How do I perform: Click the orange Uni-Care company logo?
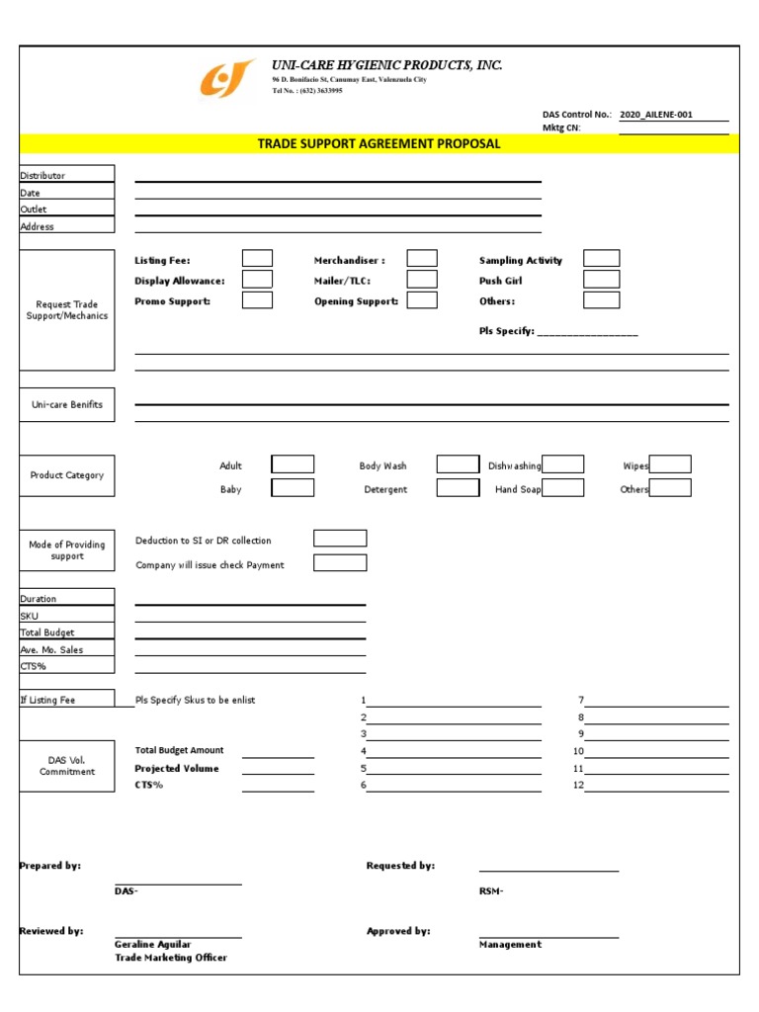tap(228, 80)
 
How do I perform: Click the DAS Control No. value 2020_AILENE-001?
tap(656, 115)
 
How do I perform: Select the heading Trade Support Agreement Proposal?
tap(379, 144)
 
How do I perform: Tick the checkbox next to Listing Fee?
tap(257, 259)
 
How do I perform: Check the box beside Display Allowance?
tap(257, 280)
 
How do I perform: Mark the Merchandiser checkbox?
tap(422, 259)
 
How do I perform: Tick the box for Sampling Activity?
tap(601, 259)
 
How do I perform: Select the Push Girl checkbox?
tap(601, 280)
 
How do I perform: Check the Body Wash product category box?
tap(458, 464)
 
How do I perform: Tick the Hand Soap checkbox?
tap(562, 488)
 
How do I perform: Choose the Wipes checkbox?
tap(669, 464)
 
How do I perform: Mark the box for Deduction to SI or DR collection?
tap(340, 539)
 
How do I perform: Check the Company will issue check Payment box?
tap(340, 563)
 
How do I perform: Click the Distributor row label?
tap(66, 175)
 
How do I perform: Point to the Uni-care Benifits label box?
tap(66, 405)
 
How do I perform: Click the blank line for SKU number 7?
tap(657, 701)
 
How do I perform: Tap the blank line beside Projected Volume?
tap(278, 769)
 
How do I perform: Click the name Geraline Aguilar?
tap(153, 945)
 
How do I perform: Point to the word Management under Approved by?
tap(510, 945)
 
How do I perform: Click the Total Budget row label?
tap(66, 632)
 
